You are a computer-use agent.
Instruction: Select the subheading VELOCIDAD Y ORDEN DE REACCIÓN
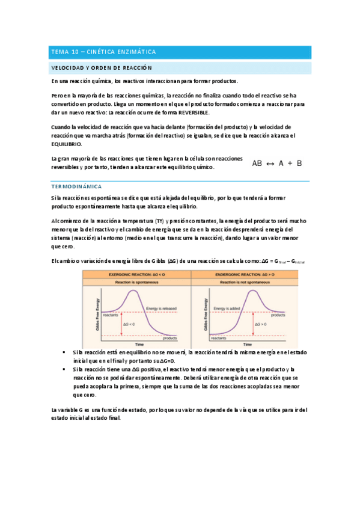coord(102,68)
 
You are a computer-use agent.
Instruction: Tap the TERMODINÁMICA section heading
coord(77,187)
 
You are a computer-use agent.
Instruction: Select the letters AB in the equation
coord(257,163)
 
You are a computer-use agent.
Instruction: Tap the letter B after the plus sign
coord(299,163)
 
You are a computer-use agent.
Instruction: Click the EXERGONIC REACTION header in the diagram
coord(135,274)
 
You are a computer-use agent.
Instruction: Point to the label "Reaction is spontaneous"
coord(135,281)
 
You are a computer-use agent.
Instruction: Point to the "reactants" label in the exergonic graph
coord(110,314)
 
